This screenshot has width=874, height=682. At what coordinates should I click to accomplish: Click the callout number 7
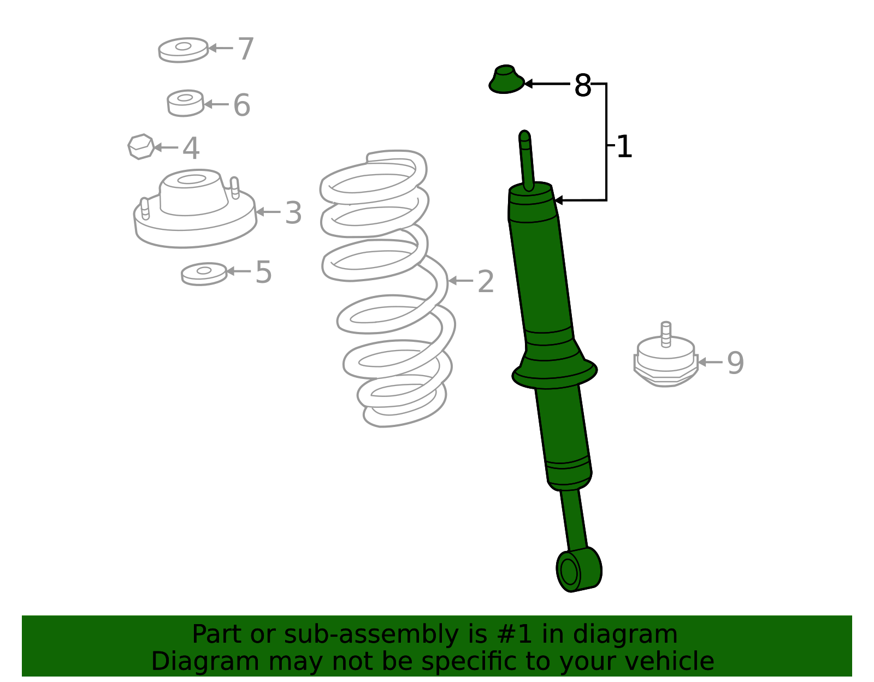click(x=246, y=49)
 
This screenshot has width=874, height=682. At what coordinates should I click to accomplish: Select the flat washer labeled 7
click(x=183, y=50)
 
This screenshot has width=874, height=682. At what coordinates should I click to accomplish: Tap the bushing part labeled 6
click(x=185, y=103)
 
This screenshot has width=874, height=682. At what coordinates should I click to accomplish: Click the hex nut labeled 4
click(x=141, y=147)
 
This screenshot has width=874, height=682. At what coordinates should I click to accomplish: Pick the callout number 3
click(x=293, y=213)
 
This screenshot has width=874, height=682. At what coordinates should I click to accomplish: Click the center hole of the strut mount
click(x=191, y=179)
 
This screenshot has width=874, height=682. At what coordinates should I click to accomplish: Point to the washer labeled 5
click(x=204, y=274)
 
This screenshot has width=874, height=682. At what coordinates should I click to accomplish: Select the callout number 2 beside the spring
click(x=486, y=282)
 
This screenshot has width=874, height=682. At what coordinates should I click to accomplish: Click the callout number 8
click(x=583, y=86)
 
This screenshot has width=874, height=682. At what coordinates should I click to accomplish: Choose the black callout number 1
click(x=624, y=147)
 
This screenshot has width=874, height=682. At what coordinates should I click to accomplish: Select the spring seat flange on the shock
click(x=554, y=373)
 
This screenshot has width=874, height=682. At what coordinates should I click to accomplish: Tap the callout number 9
click(x=735, y=363)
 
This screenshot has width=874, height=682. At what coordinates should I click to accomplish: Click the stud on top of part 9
click(x=665, y=334)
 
